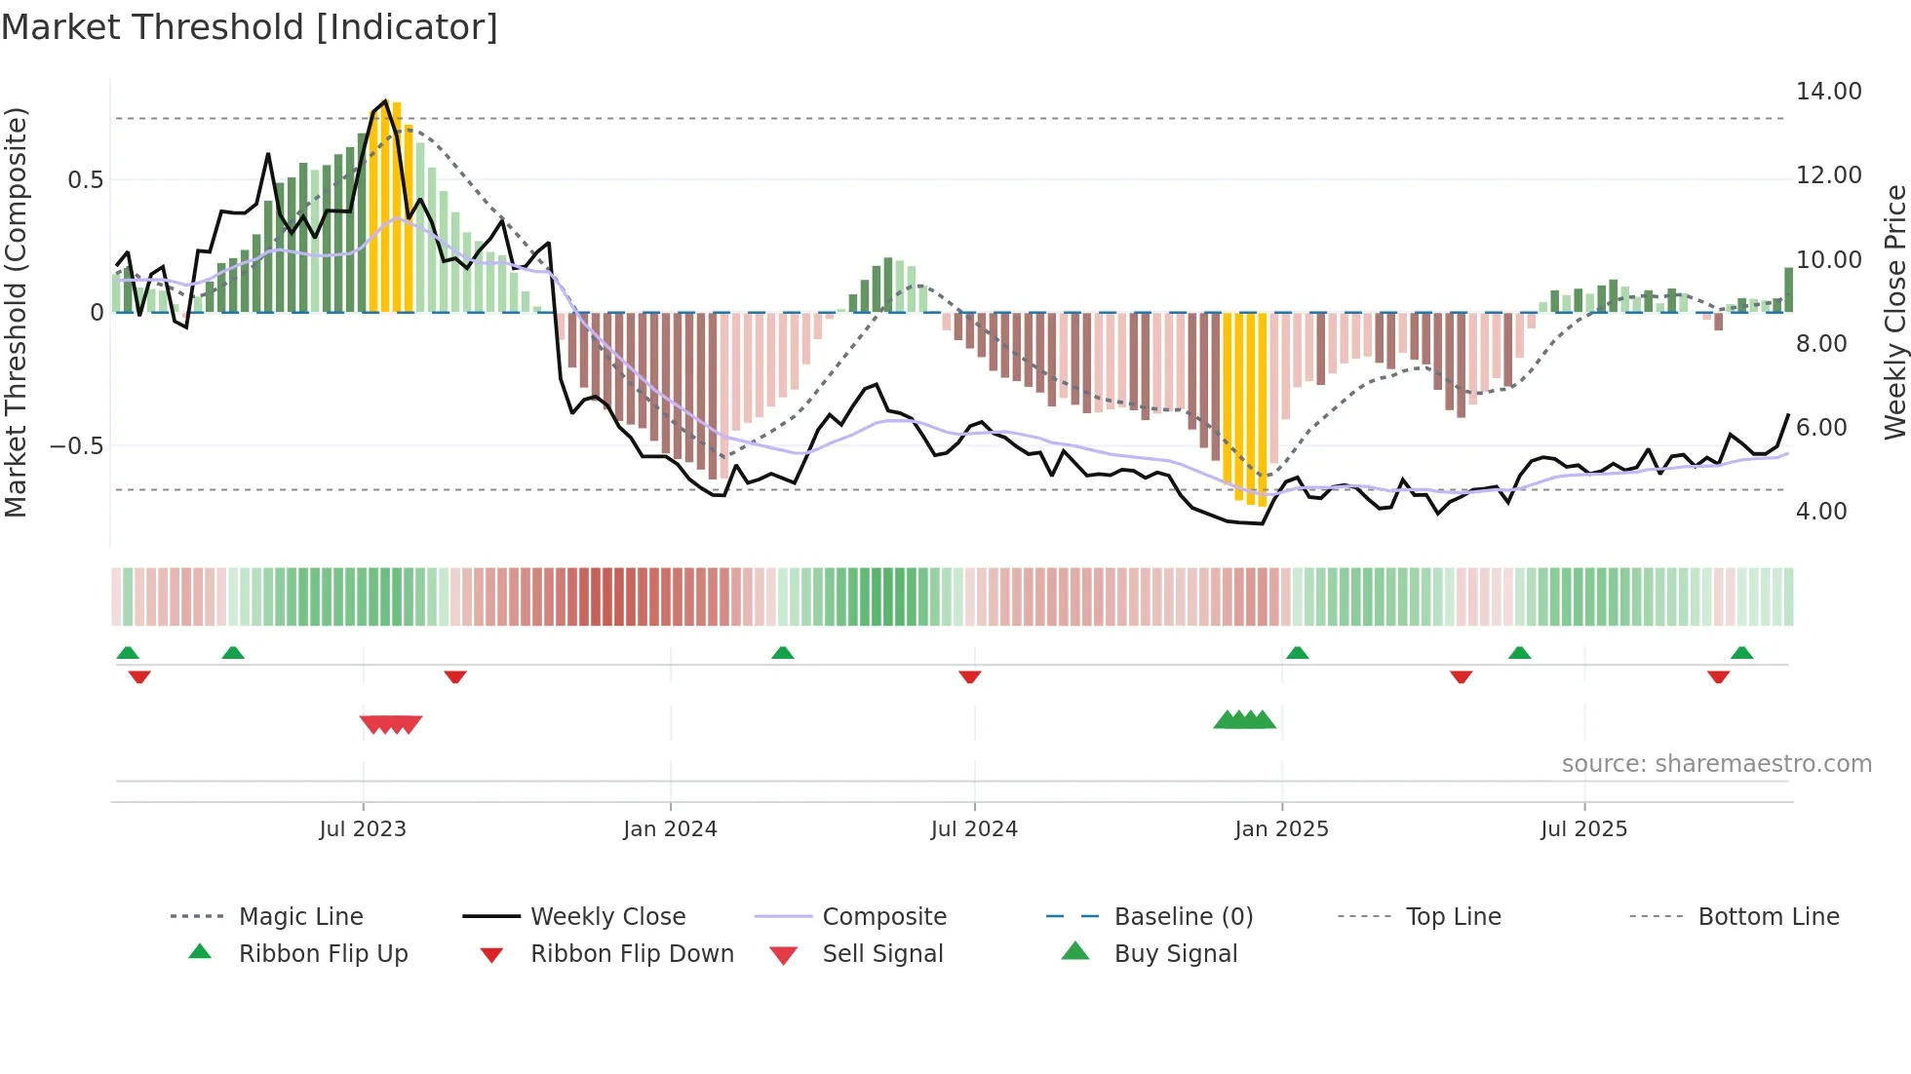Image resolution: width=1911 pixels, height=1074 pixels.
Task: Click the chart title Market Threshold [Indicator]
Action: pyautogui.click(x=250, y=27)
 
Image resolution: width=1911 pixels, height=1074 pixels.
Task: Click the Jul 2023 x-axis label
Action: pyautogui.click(x=363, y=829)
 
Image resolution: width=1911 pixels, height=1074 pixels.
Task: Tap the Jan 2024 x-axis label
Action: pyautogui.click(x=670, y=829)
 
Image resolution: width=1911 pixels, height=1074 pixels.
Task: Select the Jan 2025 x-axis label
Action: pyautogui.click(x=1281, y=829)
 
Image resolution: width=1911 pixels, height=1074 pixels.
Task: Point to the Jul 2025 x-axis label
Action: pyautogui.click(x=1583, y=829)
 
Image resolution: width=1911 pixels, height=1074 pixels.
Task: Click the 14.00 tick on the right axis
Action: pyautogui.click(x=1828, y=92)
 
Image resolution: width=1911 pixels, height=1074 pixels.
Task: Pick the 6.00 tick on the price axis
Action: pyautogui.click(x=1820, y=428)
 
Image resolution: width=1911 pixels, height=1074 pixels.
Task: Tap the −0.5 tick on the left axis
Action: pyautogui.click(x=76, y=446)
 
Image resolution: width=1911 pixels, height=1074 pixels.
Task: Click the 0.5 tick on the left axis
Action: pyautogui.click(x=85, y=180)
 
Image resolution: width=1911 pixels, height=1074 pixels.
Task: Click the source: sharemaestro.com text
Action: pyautogui.click(x=1716, y=764)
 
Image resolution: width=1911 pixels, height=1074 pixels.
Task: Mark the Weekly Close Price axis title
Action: pyautogui.click(x=1894, y=312)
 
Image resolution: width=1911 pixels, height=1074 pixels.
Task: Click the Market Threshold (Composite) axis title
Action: pyautogui.click(x=16, y=312)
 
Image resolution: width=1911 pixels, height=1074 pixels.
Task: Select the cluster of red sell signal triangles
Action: pyautogui.click(x=391, y=724)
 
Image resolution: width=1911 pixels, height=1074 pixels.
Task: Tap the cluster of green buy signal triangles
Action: pyautogui.click(x=1244, y=720)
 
